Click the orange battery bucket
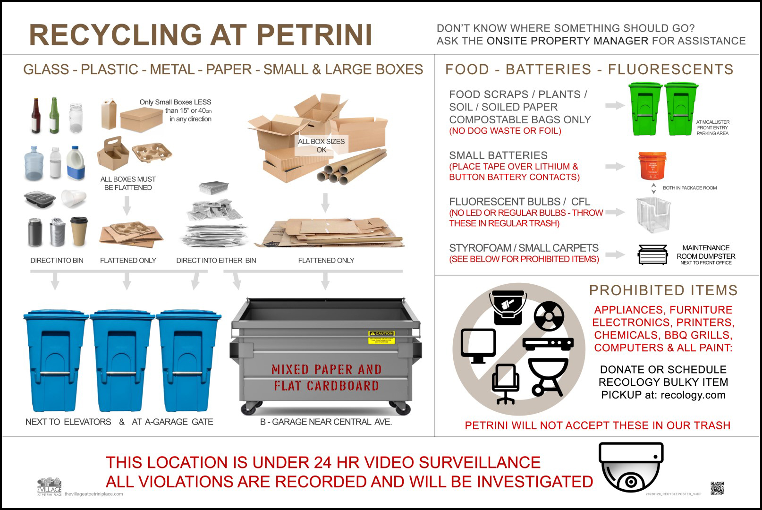pos(652,166)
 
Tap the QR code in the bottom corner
pos(717,488)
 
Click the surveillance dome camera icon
pos(631,467)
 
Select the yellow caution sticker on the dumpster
pos(381,337)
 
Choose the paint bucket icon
pos(508,307)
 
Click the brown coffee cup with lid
pos(79,231)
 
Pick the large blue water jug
pos(35,163)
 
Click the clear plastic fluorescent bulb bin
pos(653,215)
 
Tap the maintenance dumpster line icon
pos(652,255)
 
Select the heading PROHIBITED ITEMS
pos(663,290)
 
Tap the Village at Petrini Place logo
pos(50,486)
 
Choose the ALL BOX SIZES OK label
pos(321,145)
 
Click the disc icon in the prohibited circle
pos(549,316)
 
